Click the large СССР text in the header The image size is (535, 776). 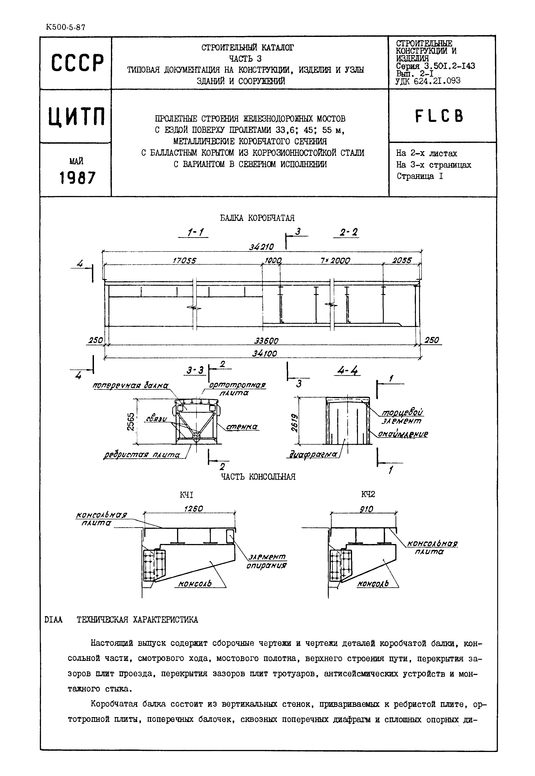(x=77, y=63)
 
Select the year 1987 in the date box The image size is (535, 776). (x=77, y=177)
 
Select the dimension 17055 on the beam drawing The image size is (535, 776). (x=184, y=261)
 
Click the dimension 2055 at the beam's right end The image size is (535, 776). (x=402, y=261)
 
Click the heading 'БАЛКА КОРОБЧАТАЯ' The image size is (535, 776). (x=257, y=218)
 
